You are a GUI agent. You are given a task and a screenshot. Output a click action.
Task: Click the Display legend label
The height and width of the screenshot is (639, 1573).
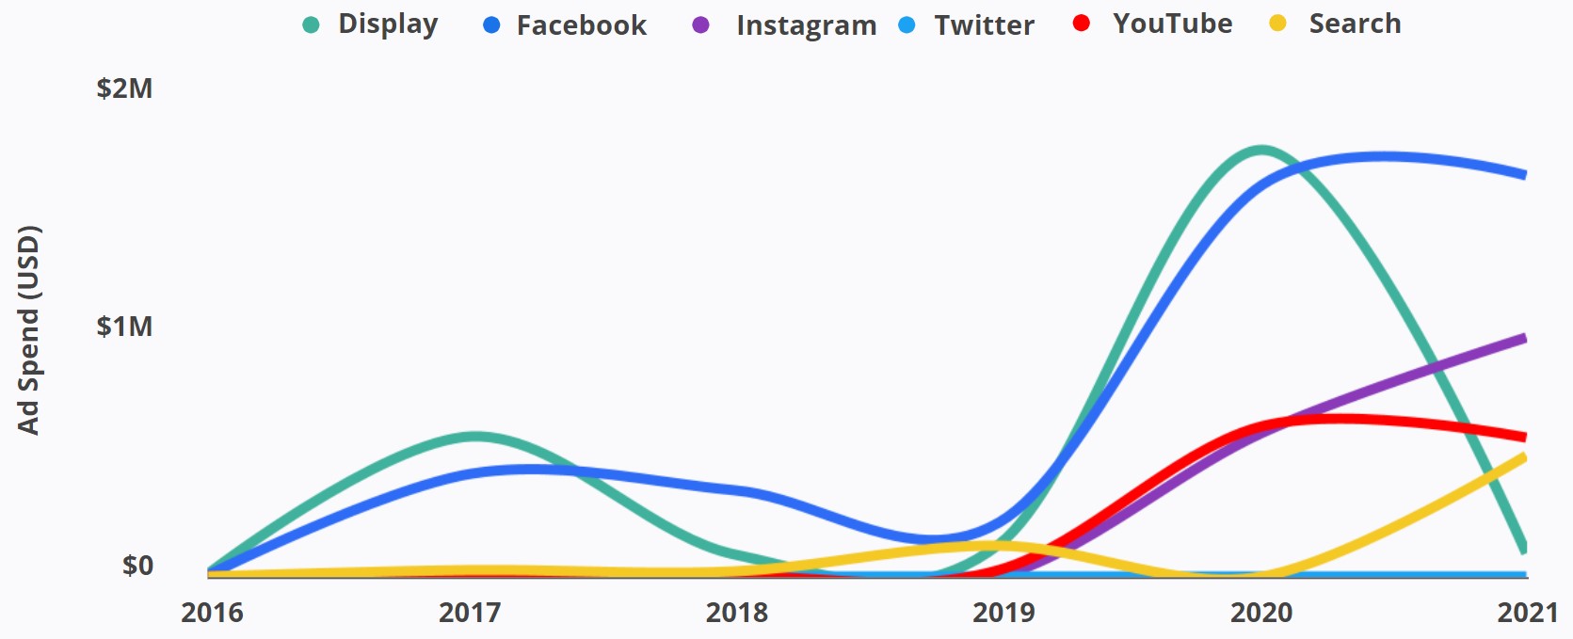point(388,24)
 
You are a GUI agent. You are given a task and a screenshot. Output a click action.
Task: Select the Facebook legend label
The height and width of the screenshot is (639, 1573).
point(581,25)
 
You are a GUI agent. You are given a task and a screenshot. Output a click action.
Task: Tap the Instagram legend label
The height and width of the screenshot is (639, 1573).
point(806,25)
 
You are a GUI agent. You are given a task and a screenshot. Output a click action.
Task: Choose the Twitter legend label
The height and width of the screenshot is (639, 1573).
point(984,25)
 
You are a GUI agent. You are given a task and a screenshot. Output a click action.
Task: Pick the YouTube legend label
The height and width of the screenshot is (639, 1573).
point(1172,24)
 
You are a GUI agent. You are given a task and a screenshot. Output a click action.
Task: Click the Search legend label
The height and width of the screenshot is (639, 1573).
point(1355,24)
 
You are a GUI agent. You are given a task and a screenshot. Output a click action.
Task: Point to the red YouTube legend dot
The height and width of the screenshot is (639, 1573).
point(1082,24)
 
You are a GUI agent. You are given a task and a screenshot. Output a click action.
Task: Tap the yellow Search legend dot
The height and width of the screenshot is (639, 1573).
point(1277,24)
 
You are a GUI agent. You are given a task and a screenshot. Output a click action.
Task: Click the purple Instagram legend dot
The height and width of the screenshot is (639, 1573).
point(700,25)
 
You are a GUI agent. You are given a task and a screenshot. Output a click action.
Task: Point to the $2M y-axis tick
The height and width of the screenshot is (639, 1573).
point(124,88)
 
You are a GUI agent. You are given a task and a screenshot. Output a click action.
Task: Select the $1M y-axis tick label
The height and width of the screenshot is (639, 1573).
point(124,327)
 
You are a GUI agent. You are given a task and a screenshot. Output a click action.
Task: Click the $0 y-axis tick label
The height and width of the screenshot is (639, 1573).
point(137,566)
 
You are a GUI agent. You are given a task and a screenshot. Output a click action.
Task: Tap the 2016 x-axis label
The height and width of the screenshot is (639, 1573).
point(212,613)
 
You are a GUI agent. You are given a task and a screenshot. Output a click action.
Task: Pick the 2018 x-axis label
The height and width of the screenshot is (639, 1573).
point(737,613)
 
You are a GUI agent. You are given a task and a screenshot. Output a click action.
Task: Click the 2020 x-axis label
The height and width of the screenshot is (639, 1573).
point(1261,613)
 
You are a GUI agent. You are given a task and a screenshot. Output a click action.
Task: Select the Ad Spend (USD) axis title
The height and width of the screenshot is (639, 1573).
point(29,330)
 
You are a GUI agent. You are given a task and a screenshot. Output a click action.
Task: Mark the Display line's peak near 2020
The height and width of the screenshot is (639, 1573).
point(1261,150)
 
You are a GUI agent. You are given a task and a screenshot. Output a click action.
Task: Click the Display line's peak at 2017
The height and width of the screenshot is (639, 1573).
point(475,437)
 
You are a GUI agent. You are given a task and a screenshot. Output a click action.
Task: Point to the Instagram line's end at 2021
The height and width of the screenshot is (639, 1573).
point(1523,338)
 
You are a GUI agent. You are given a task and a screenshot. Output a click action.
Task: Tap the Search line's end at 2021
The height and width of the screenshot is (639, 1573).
point(1523,457)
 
